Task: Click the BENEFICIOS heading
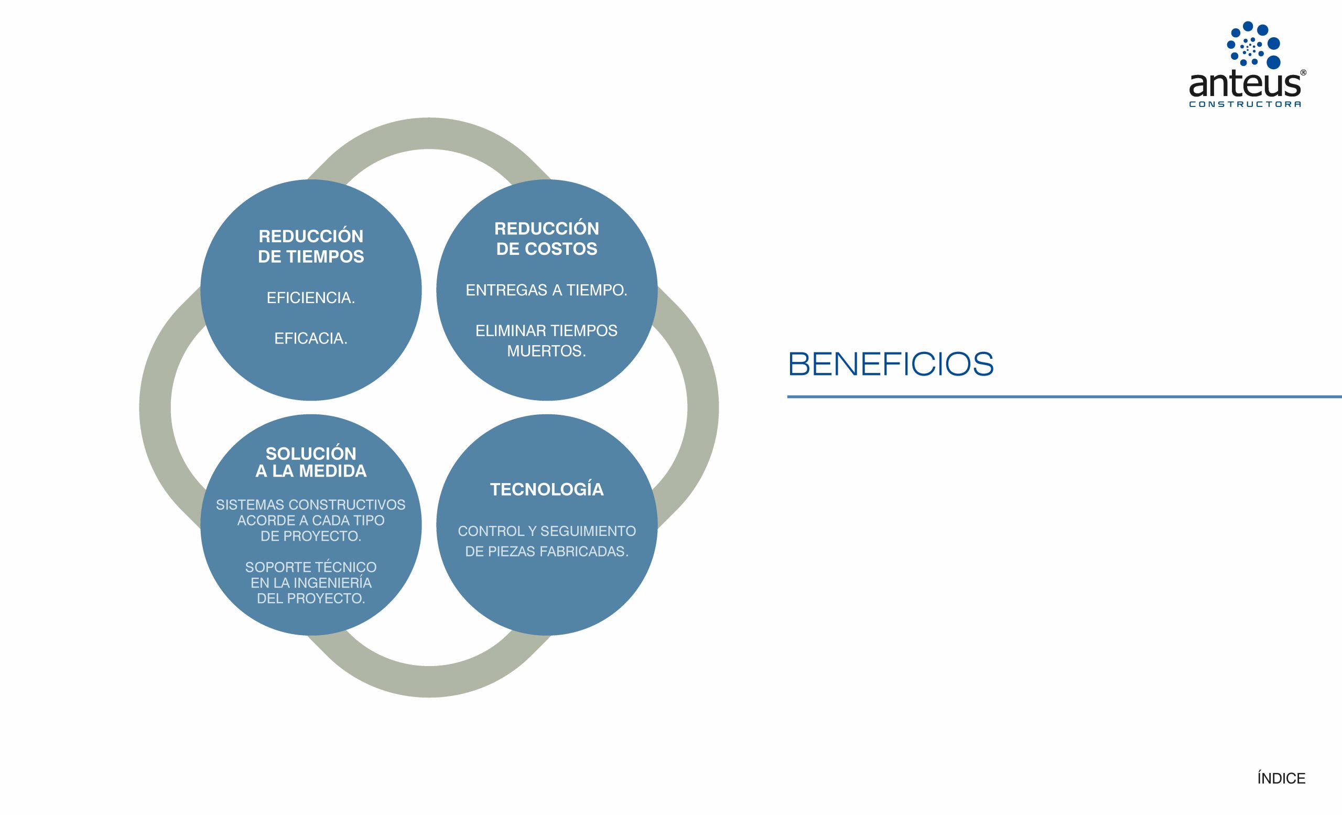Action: coord(891,364)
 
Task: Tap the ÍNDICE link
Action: coord(1281,778)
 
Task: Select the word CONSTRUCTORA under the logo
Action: coord(1245,104)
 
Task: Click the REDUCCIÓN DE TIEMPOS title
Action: coord(311,246)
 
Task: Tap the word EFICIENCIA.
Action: coord(310,298)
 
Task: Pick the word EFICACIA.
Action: coord(310,338)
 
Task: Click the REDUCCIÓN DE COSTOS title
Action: coord(546,239)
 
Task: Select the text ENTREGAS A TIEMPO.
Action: coord(546,291)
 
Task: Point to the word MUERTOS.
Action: coord(546,351)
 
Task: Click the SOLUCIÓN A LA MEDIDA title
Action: coord(311,462)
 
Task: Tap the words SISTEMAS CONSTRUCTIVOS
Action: coord(310,505)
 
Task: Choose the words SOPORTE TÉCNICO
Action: coord(310,567)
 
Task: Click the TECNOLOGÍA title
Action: coord(547,489)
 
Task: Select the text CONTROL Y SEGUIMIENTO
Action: coord(547,531)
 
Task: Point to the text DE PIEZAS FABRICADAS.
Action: coord(547,551)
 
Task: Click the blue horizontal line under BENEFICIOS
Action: coord(1062,396)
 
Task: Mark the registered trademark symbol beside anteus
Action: coord(1303,72)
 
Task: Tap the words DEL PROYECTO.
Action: coord(310,598)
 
